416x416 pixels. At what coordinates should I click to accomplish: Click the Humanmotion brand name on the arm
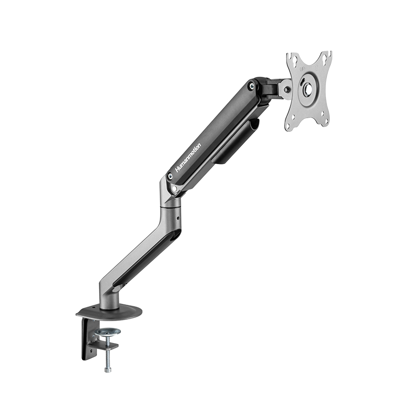click(x=188, y=158)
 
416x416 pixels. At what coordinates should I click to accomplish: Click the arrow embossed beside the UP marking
click(x=316, y=67)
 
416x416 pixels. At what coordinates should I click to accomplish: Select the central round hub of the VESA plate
click(x=308, y=88)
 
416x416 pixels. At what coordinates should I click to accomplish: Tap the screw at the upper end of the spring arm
click(x=251, y=85)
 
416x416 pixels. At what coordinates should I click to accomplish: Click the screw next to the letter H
click(x=170, y=175)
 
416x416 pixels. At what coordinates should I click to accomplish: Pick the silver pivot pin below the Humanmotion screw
click(x=174, y=188)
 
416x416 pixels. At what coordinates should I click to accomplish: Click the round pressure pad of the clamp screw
click(x=109, y=331)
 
